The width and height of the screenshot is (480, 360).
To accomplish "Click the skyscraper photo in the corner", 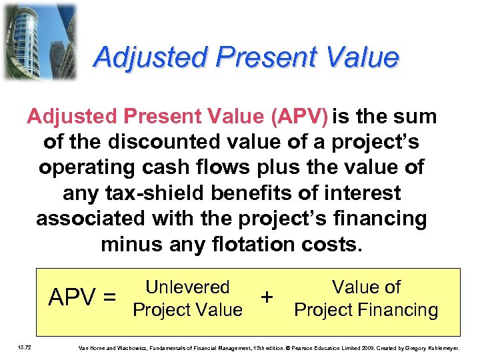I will pyautogui.click(x=39, y=41).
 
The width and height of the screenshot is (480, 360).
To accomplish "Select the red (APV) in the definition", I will pyautogui.click(x=299, y=117).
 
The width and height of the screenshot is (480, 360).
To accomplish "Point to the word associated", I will pyautogui.click(x=89, y=219).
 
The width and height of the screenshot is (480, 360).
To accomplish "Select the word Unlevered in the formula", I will pyautogui.click(x=187, y=287).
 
